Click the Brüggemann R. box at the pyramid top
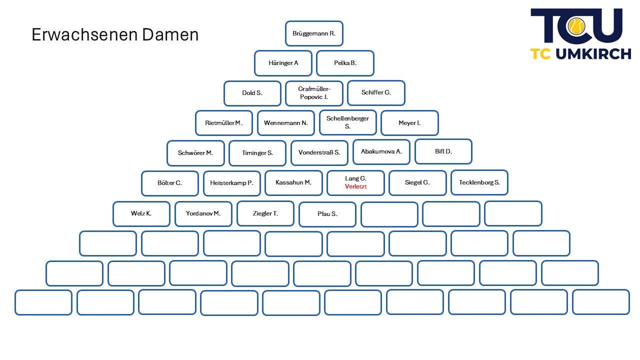(314, 33)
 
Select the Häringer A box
(283, 63)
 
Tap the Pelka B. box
(345, 63)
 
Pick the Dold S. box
(252, 93)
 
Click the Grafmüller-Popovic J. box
(314, 93)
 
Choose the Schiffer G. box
(376, 92)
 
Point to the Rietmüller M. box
(223, 123)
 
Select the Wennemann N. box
(285, 123)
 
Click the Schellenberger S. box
(347, 122)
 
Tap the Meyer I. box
(409, 123)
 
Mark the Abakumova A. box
(381, 151)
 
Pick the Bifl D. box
(443, 151)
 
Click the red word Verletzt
(355, 186)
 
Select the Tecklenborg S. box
(479, 182)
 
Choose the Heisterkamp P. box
(231, 183)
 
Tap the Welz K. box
(141, 213)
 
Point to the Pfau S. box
(327, 214)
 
